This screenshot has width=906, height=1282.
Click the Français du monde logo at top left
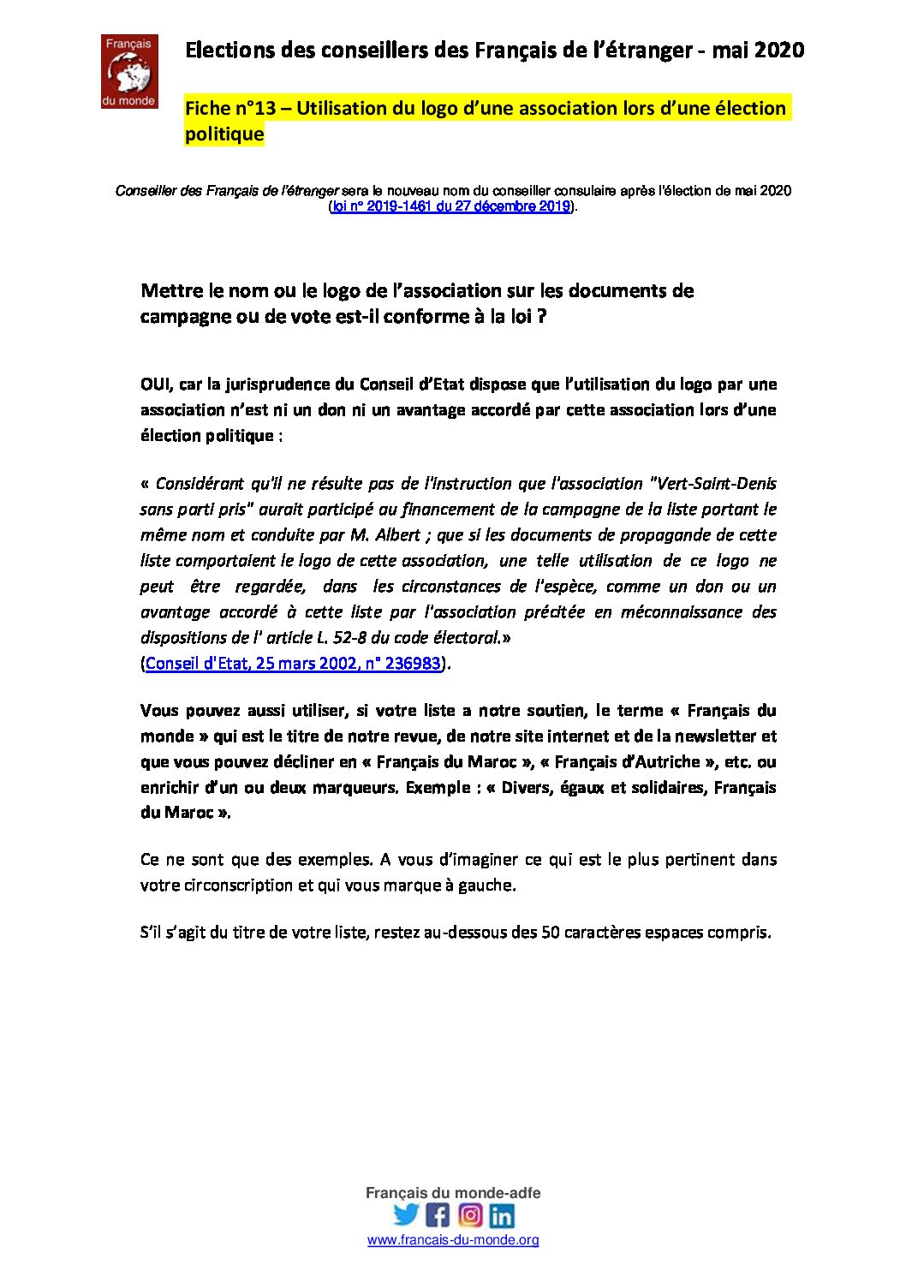128,72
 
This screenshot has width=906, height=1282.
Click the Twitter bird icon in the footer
406,1214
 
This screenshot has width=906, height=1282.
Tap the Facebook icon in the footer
438,1214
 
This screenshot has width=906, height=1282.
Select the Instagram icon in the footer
470,1214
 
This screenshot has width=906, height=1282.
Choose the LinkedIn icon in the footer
502,1215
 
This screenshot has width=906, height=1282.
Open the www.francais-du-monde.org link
453,1240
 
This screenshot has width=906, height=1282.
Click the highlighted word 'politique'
224,134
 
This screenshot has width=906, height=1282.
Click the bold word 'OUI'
157,385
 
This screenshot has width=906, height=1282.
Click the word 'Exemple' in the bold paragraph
438,788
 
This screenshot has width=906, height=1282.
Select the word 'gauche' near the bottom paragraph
488,885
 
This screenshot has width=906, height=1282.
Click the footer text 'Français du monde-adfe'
453,1193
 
